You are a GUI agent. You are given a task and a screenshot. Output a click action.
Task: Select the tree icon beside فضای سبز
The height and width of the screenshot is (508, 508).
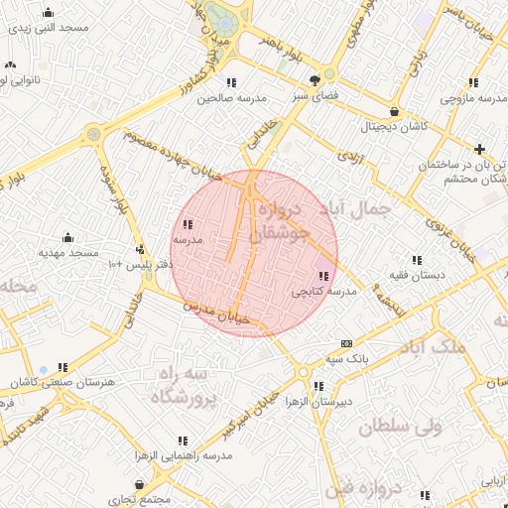point(316,79)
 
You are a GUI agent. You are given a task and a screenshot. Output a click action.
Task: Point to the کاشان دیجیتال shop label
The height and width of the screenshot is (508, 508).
point(396,127)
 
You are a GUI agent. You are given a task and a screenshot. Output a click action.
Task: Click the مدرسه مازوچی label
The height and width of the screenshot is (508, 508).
point(473,98)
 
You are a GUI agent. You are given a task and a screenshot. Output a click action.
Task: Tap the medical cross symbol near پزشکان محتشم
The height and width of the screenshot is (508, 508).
point(480,149)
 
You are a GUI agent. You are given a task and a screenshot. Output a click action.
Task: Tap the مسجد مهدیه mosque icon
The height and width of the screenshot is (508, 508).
point(67,238)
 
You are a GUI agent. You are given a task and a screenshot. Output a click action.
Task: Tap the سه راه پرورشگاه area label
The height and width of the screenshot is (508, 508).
point(184,386)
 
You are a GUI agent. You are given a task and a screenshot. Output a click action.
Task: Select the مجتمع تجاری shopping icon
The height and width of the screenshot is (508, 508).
point(138,484)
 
